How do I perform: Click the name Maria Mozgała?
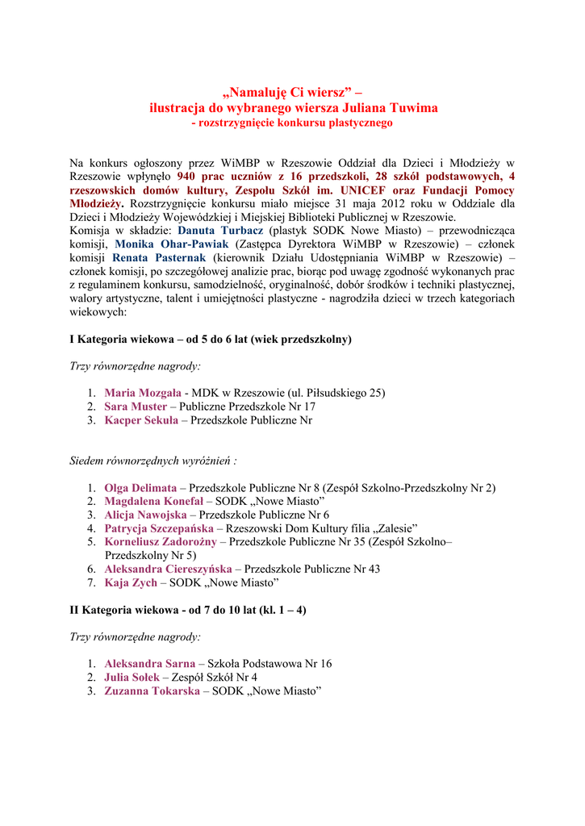pos(142,393)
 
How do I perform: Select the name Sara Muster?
pos(136,407)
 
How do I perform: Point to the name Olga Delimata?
pos(140,488)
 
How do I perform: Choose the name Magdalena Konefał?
pos(153,502)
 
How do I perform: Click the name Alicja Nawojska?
pos(144,515)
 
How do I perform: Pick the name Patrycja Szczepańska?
pos(159,528)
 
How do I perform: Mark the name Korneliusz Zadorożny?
pos(161,542)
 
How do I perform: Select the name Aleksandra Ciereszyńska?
pos(168,569)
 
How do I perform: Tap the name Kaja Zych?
pos(131,582)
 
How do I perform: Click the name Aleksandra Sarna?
pos(149,664)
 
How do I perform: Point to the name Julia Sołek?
pos(132,678)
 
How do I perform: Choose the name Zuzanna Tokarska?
pos(152,691)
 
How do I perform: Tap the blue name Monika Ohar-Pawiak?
pos(171,244)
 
